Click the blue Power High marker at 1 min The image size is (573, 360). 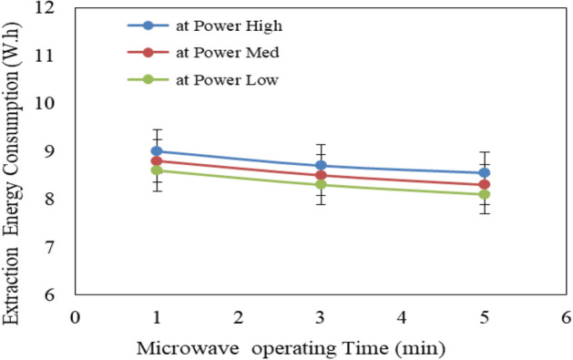[x=157, y=150]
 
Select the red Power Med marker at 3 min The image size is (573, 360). [x=321, y=175]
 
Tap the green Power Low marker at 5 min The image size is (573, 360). [x=484, y=194]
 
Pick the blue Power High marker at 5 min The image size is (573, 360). [x=484, y=172]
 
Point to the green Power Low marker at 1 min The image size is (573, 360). [x=157, y=170]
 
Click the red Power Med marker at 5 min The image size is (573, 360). [x=484, y=184]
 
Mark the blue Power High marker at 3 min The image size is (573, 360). [x=321, y=165]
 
